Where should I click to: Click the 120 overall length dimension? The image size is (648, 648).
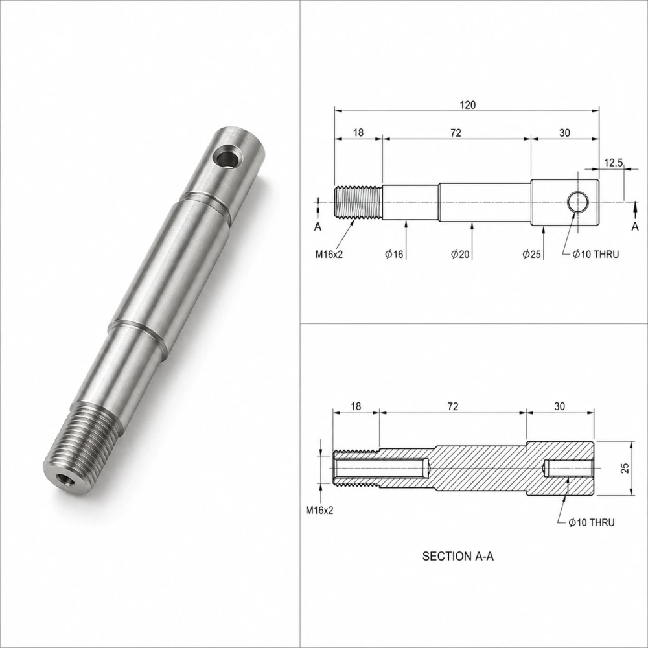[x=467, y=105]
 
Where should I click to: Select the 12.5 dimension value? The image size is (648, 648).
[x=613, y=163]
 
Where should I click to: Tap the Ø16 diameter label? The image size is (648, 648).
[x=394, y=254]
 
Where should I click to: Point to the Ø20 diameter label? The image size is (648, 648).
[x=460, y=254]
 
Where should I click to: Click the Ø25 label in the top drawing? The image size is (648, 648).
[x=531, y=254]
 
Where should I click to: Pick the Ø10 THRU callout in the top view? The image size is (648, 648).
[x=596, y=254]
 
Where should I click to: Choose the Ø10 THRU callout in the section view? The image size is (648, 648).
[x=592, y=522]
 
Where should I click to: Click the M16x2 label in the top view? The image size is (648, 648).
[x=329, y=254]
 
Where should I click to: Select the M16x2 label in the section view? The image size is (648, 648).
[x=319, y=511]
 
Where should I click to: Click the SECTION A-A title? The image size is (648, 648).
[x=458, y=556]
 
